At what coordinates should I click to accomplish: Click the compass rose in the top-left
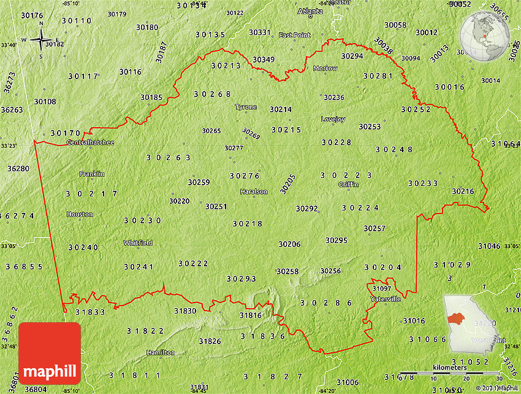point(41,41)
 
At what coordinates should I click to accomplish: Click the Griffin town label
point(348,184)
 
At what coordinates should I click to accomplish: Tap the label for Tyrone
point(246,107)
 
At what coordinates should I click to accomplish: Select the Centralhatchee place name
point(90,142)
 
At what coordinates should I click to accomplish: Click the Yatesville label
point(386,299)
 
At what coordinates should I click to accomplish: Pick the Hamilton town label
point(160,352)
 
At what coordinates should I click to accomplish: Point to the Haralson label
point(254,191)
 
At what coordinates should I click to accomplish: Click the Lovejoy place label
point(333,119)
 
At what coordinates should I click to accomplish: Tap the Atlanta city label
point(310,11)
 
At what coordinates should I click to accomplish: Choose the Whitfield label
point(138,242)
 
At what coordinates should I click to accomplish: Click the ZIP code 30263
point(169,157)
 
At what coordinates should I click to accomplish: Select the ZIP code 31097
point(382,288)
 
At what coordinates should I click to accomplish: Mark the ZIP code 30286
point(326,303)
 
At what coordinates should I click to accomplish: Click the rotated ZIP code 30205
point(287,183)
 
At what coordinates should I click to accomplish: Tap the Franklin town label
point(92,174)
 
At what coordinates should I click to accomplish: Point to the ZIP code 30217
point(92,194)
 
